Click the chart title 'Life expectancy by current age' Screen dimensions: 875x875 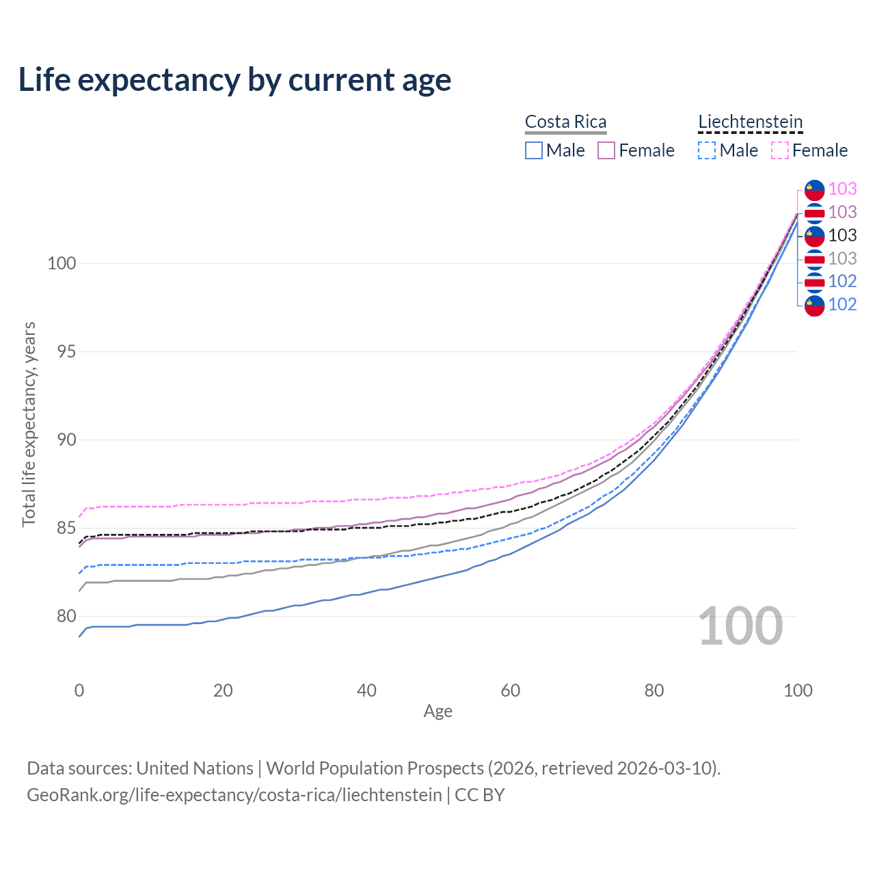click(x=234, y=80)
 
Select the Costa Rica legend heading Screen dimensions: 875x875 click(x=565, y=122)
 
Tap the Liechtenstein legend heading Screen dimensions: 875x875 click(x=750, y=122)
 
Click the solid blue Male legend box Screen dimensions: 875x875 click(x=534, y=150)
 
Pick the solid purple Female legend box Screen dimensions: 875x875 click(x=606, y=150)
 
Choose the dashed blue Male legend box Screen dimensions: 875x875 click(x=707, y=150)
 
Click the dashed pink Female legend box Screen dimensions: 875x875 click(x=780, y=150)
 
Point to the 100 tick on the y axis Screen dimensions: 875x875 click(x=61, y=263)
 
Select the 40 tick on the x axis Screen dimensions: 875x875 click(x=366, y=690)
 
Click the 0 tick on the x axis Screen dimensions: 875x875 click(x=79, y=690)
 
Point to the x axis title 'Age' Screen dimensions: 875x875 click(x=437, y=712)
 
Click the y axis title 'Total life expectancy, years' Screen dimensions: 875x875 click(x=29, y=425)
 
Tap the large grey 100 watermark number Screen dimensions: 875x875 click(x=740, y=626)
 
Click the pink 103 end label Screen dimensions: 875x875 click(x=842, y=189)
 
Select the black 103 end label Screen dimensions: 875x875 click(x=842, y=235)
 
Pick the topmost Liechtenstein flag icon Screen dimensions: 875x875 click(x=815, y=189)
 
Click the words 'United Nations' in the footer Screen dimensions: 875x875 click(x=195, y=768)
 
